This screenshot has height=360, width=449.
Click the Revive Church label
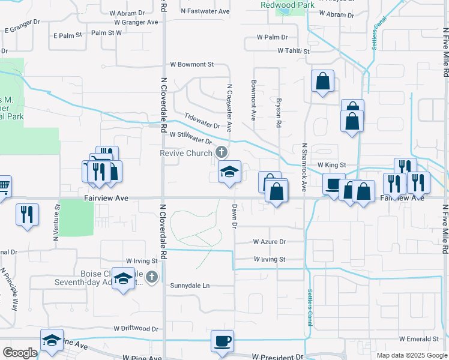[x=186, y=153]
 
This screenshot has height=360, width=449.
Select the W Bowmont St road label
[x=192, y=64]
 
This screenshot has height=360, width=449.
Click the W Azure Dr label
[x=270, y=242]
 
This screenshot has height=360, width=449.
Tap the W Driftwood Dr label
[x=136, y=329]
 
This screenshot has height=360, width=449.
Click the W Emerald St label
[x=421, y=338]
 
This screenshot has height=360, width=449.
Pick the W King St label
[x=332, y=164]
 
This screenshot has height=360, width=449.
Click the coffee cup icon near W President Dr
[x=223, y=341]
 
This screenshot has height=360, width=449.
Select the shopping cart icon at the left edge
[x=3, y=186]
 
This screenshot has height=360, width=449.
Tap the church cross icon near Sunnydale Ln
[x=152, y=277]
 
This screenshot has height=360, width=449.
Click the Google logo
[x=20, y=353]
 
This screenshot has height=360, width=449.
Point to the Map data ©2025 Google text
[x=411, y=355]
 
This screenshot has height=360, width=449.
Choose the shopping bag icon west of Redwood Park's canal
[x=322, y=83]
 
